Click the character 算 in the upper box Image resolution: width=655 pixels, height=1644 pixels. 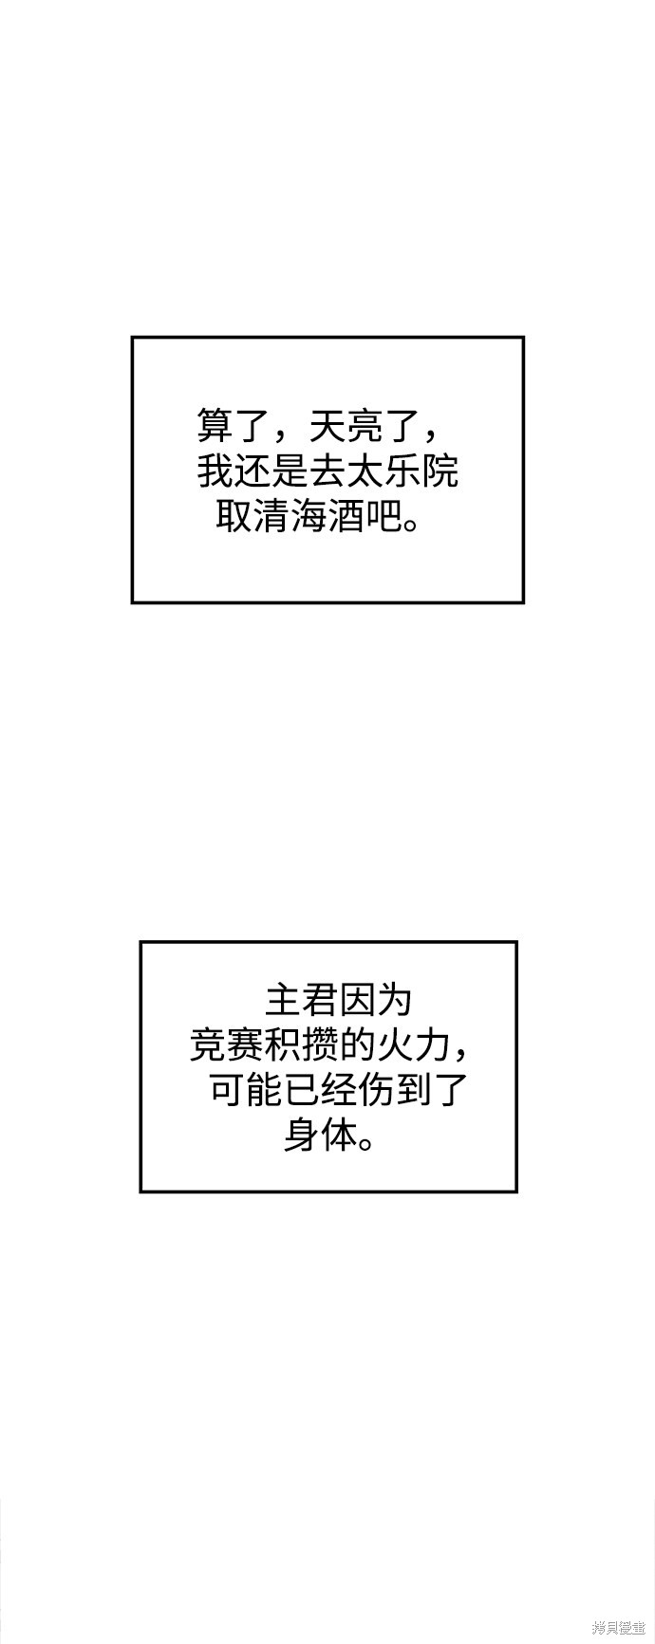coord(215,425)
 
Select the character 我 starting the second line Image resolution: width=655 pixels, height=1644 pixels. coord(215,471)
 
